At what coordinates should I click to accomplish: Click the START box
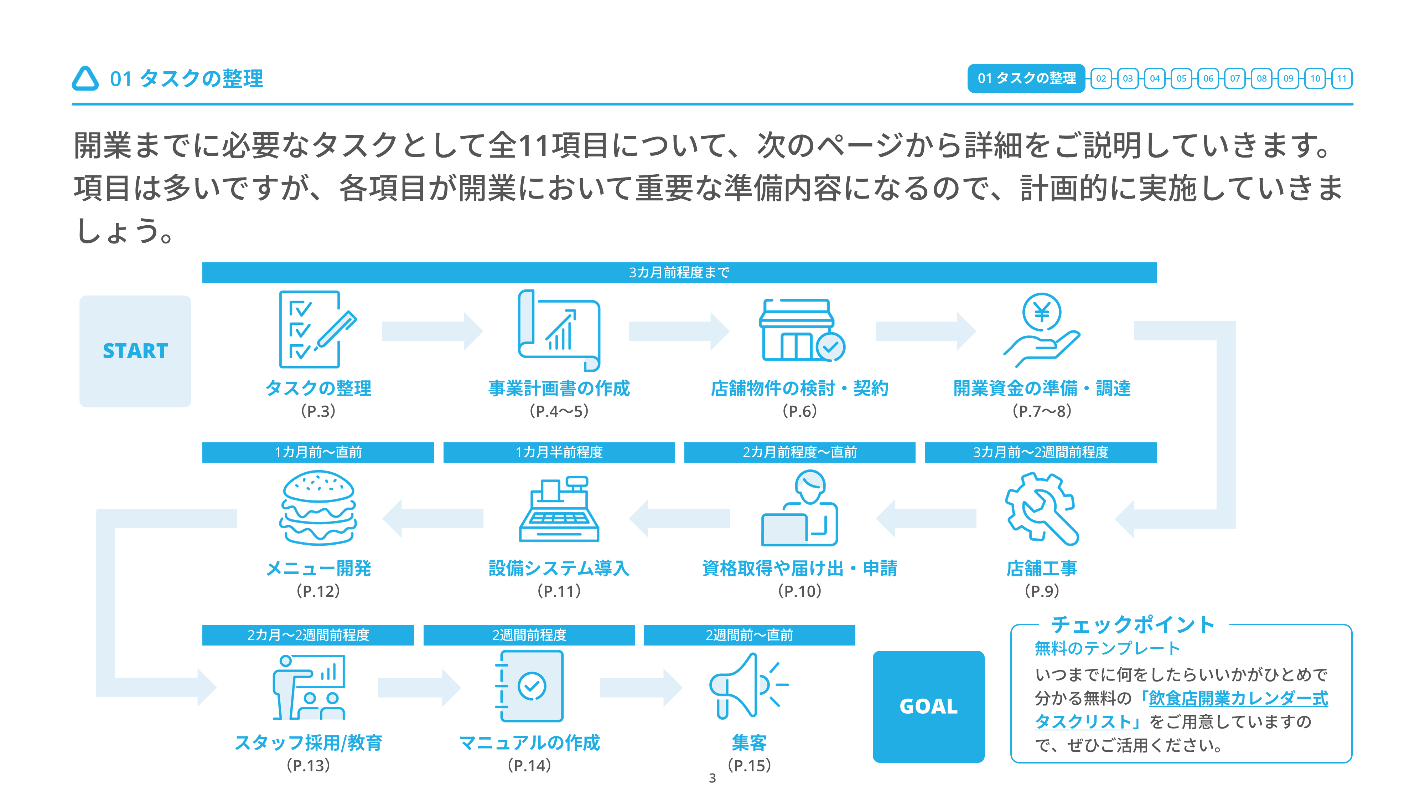[x=135, y=351]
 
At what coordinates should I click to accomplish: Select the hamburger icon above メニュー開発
[x=318, y=508]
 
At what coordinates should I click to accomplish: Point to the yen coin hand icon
[x=1042, y=330]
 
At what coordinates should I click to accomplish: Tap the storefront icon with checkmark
[x=801, y=330]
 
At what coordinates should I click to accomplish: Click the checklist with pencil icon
[x=317, y=329]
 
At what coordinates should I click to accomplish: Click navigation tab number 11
[x=1342, y=78]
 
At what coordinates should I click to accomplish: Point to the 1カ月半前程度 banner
[x=559, y=452]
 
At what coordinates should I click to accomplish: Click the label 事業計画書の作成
[x=559, y=388]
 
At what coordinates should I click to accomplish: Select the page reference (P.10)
[x=800, y=591]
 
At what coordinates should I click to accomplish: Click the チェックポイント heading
[x=1133, y=624]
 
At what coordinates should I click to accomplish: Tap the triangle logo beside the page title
[x=85, y=78]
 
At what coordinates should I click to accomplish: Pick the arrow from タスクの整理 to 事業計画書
[x=432, y=331]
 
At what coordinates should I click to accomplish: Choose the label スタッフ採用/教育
[x=308, y=743]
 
